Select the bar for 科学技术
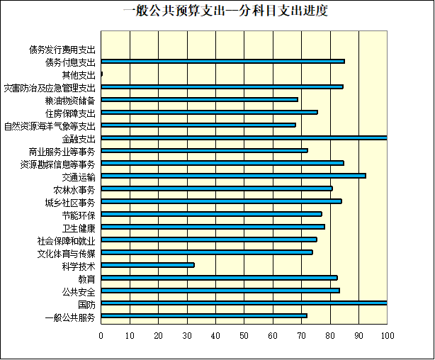pos(147,265)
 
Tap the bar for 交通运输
pos(233,175)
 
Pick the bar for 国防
pos(244,303)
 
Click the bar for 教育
pos(219,278)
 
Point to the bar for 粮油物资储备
pos(199,99)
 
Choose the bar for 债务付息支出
pos(222,62)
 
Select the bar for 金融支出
pos(244,137)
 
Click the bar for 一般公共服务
pos(204,316)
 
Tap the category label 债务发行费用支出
pos(62,50)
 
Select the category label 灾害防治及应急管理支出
pos(50,88)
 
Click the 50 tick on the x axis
pos(244,335)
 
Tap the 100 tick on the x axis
pos(387,335)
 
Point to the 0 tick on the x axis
pos(101,335)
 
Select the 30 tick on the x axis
pos(187,335)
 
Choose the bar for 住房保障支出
pos(209,112)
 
